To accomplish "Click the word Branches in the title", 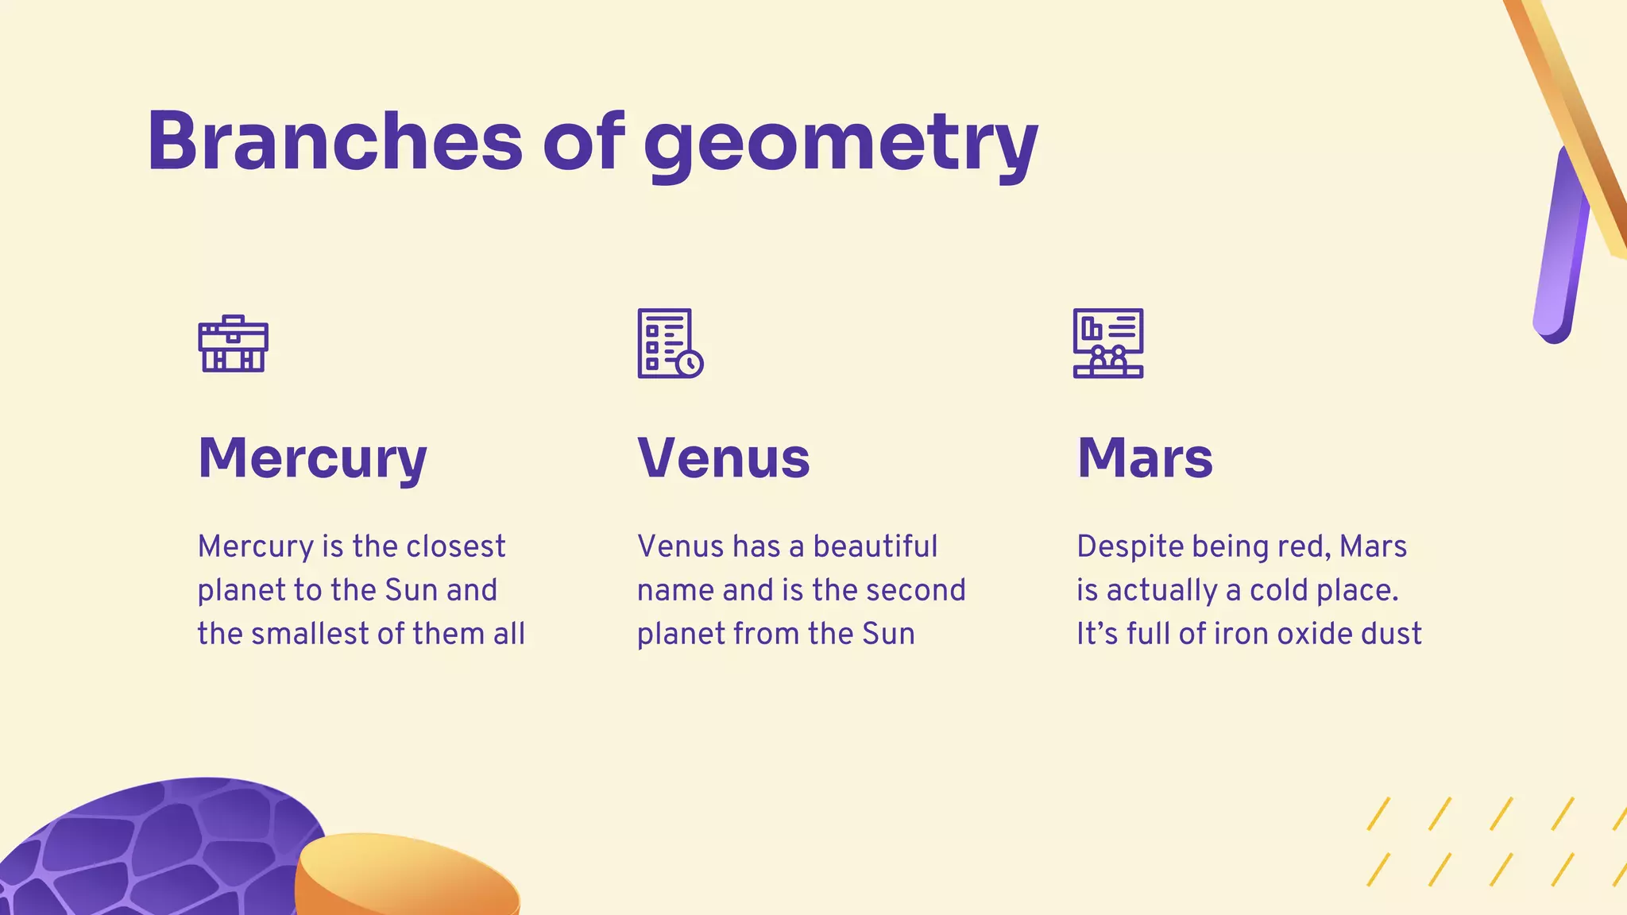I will [334, 141].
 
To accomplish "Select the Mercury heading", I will [312, 458].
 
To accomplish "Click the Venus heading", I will [723, 458].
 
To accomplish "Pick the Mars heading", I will [1145, 458].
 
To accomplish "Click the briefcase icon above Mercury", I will [233, 344].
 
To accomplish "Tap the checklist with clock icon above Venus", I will [670, 343].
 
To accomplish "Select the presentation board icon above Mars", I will [1108, 343].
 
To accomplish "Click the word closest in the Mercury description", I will [455, 546].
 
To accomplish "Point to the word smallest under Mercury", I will [313, 634].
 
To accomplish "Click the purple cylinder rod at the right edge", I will [1559, 246].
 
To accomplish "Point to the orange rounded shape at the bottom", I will [405, 878].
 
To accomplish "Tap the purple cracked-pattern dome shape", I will [159, 850].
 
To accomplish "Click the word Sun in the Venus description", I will [888, 634].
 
